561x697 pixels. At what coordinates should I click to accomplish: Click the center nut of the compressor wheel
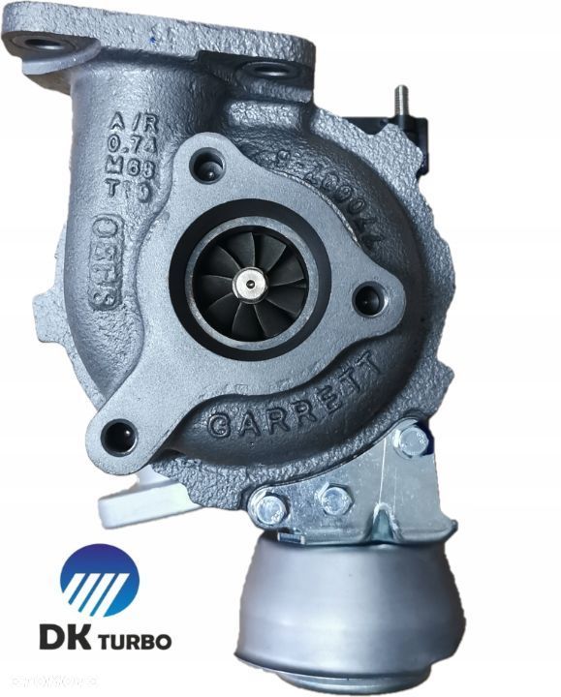(252, 281)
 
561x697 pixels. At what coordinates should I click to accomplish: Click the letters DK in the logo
(63, 641)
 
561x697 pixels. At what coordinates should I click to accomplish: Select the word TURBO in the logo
(134, 642)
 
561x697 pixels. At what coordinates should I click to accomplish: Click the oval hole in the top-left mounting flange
(42, 45)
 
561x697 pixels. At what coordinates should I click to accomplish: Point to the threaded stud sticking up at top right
(396, 102)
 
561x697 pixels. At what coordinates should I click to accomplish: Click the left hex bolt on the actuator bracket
(266, 505)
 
